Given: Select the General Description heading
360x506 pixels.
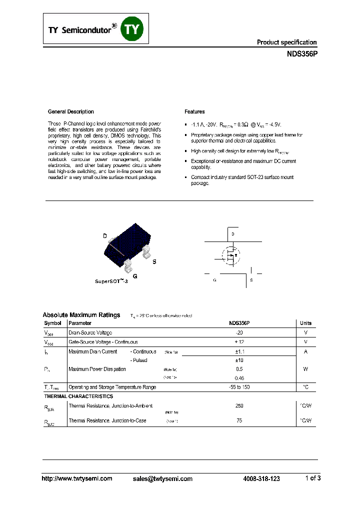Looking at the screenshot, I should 70,111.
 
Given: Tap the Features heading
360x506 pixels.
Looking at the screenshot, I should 194,111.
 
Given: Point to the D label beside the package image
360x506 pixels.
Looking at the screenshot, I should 105,236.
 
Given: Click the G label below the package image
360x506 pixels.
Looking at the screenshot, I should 134,276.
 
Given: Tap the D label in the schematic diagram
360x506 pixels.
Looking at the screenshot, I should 232,234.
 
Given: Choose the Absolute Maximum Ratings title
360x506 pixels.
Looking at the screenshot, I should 81,315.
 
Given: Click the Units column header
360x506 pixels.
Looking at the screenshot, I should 305,323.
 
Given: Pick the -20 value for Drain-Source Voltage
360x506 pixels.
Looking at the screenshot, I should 239,332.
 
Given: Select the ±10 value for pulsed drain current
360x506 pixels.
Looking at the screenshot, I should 239,360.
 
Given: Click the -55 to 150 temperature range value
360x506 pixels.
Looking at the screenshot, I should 239,387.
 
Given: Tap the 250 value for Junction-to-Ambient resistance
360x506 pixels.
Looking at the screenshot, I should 239,406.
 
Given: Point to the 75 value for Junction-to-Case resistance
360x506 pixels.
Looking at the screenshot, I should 239,420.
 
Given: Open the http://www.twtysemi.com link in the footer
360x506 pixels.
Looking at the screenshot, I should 76,478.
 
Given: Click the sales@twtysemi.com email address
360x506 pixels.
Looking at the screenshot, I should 162,478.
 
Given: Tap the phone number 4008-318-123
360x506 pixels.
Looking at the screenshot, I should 261,478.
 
